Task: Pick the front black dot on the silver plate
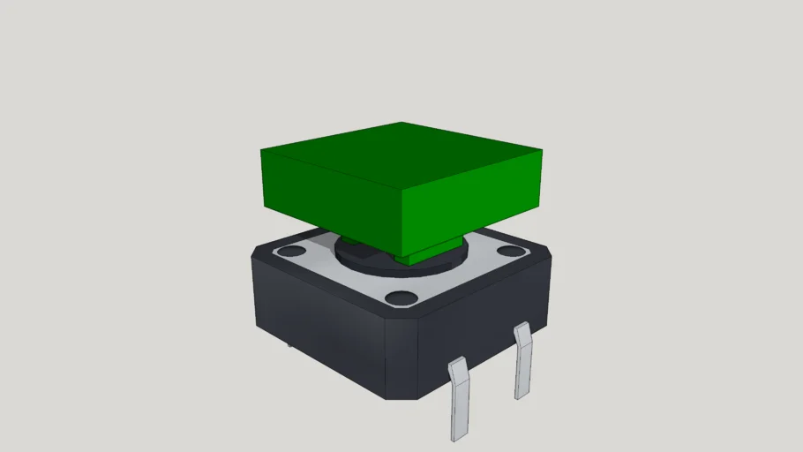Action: [x=400, y=297]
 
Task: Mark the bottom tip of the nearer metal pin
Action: [x=458, y=437]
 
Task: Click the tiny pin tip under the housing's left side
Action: [x=289, y=343]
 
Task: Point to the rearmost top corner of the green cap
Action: [x=402, y=124]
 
